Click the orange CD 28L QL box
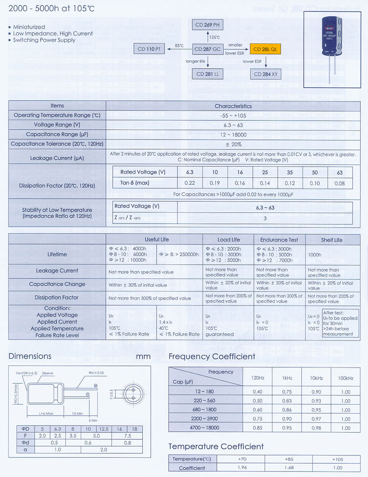pyautogui.click(x=265, y=49)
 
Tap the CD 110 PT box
pyautogui.click(x=149, y=49)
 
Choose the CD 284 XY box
pyautogui.click(x=265, y=74)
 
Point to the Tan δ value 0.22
pyautogui.click(x=190, y=183)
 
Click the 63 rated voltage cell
pyautogui.click(x=340, y=172)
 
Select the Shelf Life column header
pyautogui.click(x=332, y=240)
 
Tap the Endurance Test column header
pyautogui.click(x=279, y=240)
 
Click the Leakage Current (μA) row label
pyautogui.click(x=57, y=158)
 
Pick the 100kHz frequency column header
pyautogui.click(x=345, y=378)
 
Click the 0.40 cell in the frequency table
pyautogui.click(x=257, y=392)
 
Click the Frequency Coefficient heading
pyautogui.click(x=212, y=357)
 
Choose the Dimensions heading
pyautogui.click(x=30, y=356)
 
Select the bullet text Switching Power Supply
pyautogui.click(x=44, y=40)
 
